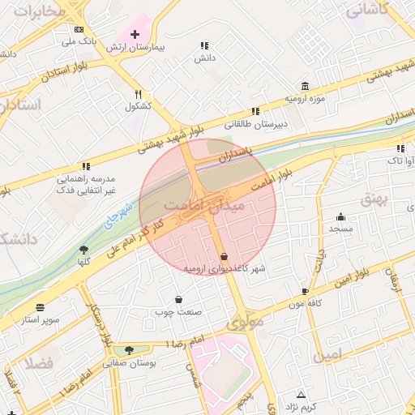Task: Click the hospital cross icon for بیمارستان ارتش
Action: click(x=135, y=34)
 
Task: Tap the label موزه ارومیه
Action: click(x=304, y=98)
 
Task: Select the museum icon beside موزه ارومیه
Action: click(x=304, y=86)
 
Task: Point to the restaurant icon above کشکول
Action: click(x=138, y=93)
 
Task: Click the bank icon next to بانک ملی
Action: click(x=78, y=29)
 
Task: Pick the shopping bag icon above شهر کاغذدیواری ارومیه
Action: click(x=224, y=255)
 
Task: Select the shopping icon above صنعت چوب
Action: click(x=178, y=299)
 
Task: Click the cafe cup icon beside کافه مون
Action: click(x=305, y=291)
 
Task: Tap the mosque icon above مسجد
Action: click(x=340, y=216)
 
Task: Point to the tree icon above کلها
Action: click(x=83, y=250)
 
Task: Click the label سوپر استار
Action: click(x=41, y=320)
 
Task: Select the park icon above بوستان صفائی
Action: click(x=129, y=350)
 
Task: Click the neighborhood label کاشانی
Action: click(x=367, y=11)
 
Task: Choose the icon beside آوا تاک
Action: click(x=400, y=148)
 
